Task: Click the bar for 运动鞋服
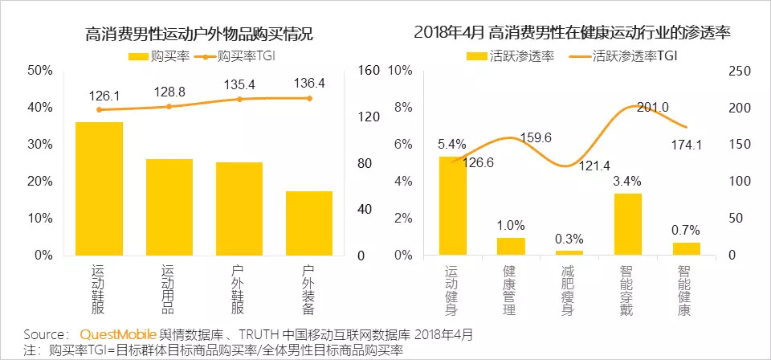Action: (x=99, y=189)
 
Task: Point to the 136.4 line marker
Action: (x=309, y=98)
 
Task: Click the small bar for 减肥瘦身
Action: (x=569, y=252)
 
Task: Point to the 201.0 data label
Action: (x=653, y=108)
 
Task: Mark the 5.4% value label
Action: (x=451, y=145)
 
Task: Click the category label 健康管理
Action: (x=510, y=290)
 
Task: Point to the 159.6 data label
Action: (x=536, y=138)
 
